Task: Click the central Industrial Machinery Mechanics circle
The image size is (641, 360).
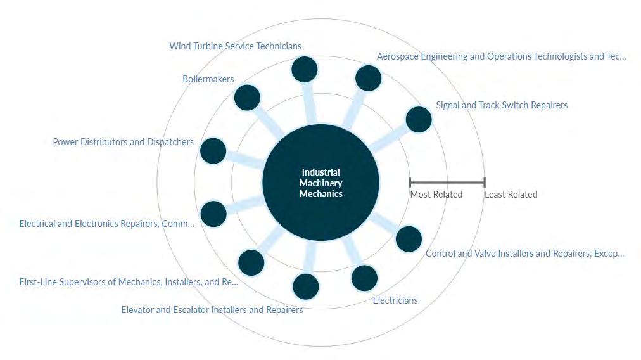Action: coord(320,183)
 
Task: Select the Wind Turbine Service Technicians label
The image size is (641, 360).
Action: coord(236,46)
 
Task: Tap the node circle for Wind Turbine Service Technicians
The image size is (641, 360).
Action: coord(304,69)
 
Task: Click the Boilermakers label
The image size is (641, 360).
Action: coord(208,79)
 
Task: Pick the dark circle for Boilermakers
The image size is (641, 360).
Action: coord(247,98)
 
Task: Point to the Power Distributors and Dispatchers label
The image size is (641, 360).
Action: coord(124,142)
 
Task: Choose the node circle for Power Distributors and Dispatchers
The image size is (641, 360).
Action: coord(213,151)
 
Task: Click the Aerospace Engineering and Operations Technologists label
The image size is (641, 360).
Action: coord(501,56)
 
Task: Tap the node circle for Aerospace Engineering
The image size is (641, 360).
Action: coord(368,78)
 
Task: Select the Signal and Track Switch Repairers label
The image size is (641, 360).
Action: coord(502,105)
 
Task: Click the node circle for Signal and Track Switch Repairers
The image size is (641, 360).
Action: coord(419,119)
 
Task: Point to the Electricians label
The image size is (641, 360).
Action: coord(395,300)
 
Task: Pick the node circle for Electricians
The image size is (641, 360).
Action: coord(364,278)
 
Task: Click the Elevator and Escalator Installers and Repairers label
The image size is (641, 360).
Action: coord(212,310)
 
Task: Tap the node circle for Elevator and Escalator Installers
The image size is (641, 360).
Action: coord(306,286)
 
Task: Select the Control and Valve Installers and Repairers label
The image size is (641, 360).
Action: coord(524,254)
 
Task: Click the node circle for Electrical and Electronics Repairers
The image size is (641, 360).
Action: coord(213,214)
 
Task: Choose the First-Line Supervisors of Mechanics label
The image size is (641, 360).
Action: coord(129,282)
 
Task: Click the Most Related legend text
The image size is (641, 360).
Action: coord(436,195)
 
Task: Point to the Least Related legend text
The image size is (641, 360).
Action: coord(511,195)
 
